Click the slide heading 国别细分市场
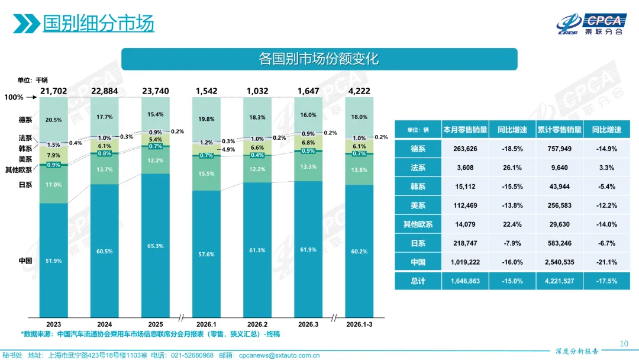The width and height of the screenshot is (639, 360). tap(98, 23)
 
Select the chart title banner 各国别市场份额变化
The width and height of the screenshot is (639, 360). tap(319, 59)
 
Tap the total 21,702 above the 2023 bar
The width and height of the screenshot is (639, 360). tap(54, 91)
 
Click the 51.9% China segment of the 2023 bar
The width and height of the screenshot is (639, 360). tap(54, 261)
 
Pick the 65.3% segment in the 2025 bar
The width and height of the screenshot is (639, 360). tap(156, 246)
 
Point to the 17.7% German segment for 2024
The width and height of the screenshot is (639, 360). tap(105, 117)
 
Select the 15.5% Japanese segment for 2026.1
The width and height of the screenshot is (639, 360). tap(206, 173)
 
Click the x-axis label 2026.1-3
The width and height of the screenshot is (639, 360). tap(359, 324)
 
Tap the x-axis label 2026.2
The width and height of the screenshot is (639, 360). tap(257, 324)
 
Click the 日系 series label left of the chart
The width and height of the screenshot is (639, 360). tap(25, 185)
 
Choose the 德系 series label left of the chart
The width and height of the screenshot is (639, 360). tap(25, 120)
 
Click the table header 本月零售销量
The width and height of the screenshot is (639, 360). tap(465, 130)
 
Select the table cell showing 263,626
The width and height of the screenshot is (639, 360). tap(465, 149)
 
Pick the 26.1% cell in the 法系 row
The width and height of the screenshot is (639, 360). tap(512, 168)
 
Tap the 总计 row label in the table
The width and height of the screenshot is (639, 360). tap(418, 281)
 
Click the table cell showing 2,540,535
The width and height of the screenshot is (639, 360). tap(559, 262)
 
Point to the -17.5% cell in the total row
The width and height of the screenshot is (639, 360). tap(607, 281)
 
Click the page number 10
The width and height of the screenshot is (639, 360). tap(623, 343)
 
